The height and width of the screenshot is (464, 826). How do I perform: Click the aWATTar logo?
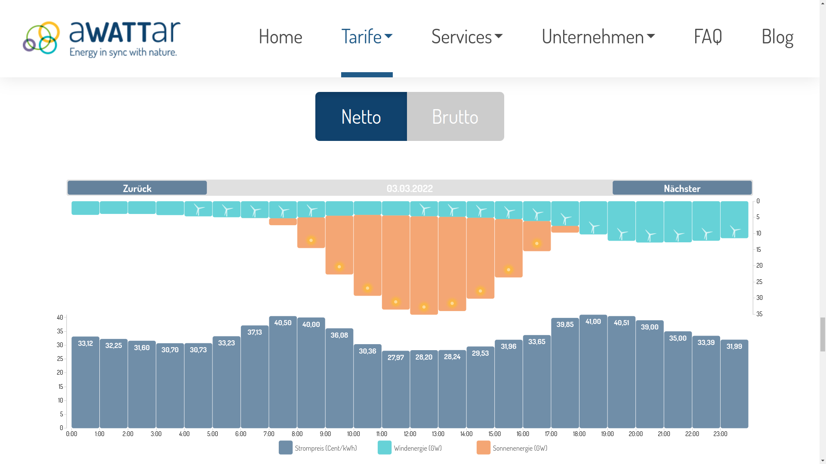(102, 39)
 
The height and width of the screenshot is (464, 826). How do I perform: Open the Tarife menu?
(367, 36)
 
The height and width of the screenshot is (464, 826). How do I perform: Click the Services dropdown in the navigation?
(467, 36)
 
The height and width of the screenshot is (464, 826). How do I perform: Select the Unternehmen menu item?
(598, 36)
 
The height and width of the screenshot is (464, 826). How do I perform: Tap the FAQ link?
(708, 36)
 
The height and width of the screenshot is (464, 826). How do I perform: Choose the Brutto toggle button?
(455, 116)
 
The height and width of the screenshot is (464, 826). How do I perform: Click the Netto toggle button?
(361, 116)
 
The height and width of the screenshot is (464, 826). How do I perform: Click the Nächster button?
(682, 188)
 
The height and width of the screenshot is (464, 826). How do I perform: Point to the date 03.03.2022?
(410, 188)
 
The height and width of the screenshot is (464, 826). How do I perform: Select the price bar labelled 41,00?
(593, 372)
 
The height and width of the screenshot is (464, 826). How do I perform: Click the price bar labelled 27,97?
(396, 390)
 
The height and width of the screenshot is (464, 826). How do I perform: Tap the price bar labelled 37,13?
(255, 377)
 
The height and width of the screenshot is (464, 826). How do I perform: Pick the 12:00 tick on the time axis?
(410, 434)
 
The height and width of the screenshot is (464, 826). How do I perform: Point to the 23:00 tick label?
(720, 434)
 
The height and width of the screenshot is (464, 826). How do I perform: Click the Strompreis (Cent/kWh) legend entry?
(318, 448)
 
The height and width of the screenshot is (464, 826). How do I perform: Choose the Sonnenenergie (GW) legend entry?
(512, 448)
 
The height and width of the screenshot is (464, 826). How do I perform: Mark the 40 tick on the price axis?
(60, 317)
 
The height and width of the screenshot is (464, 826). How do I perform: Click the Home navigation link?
(280, 36)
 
